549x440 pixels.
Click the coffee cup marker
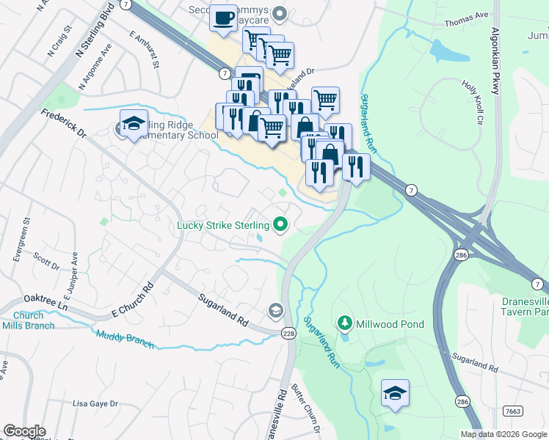pyautogui.click(x=223, y=18)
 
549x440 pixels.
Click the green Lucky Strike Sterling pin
pyautogui.click(x=280, y=224)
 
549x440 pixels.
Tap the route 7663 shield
pyautogui.click(x=513, y=412)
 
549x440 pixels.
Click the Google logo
pyautogui.click(x=24, y=431)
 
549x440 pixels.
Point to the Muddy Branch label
pyautogui.click(x=125, y=339)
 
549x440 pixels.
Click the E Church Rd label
pyautogui.click(x=131, y=301)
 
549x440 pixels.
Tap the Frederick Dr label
pyautogui.click(x=64, y=124)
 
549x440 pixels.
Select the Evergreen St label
pyautogui.click(x=26, y=234)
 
